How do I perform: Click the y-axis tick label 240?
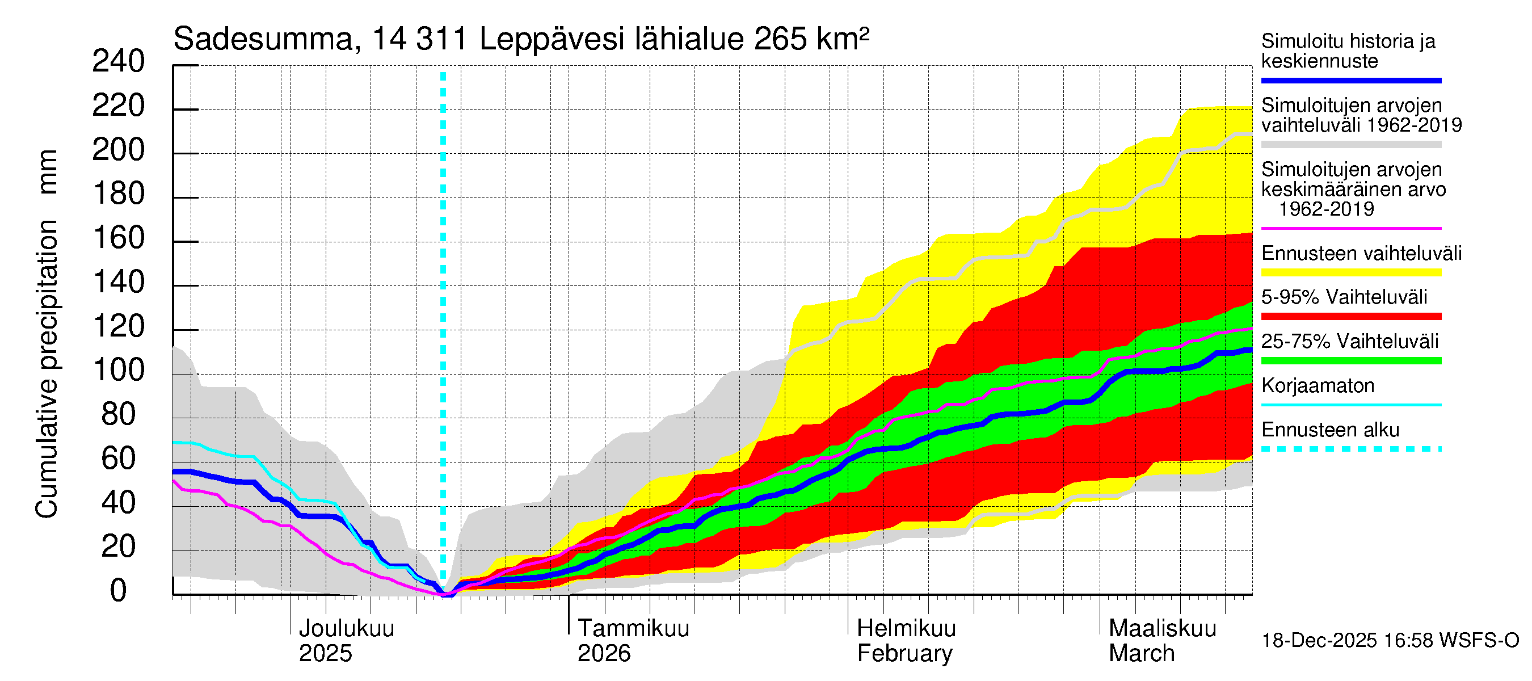point(119,62)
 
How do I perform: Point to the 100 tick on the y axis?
point(119,371)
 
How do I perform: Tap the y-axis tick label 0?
point(119,591)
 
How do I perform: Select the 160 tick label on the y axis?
point(119,238)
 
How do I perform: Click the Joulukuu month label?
point(346,629)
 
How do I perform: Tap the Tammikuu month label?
point(633,629)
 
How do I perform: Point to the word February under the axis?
point(904,654)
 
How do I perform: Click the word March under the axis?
point(1141,654)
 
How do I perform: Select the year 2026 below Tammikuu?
point(604,654)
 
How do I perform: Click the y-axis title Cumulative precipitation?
point(47,369)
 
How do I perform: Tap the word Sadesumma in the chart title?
point(263,40)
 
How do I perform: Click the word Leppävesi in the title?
point(552,40)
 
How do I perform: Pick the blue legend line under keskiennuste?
point(1350,80)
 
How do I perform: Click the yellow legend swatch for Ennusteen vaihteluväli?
point(1350,272)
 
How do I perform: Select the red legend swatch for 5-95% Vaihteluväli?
point(1350,317)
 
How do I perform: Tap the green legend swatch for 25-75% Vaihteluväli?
point(1350,360)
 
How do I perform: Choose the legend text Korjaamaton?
point(1318,386)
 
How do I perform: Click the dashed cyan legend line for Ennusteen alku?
point(1350,449)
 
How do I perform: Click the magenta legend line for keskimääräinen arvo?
point(1350,228)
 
